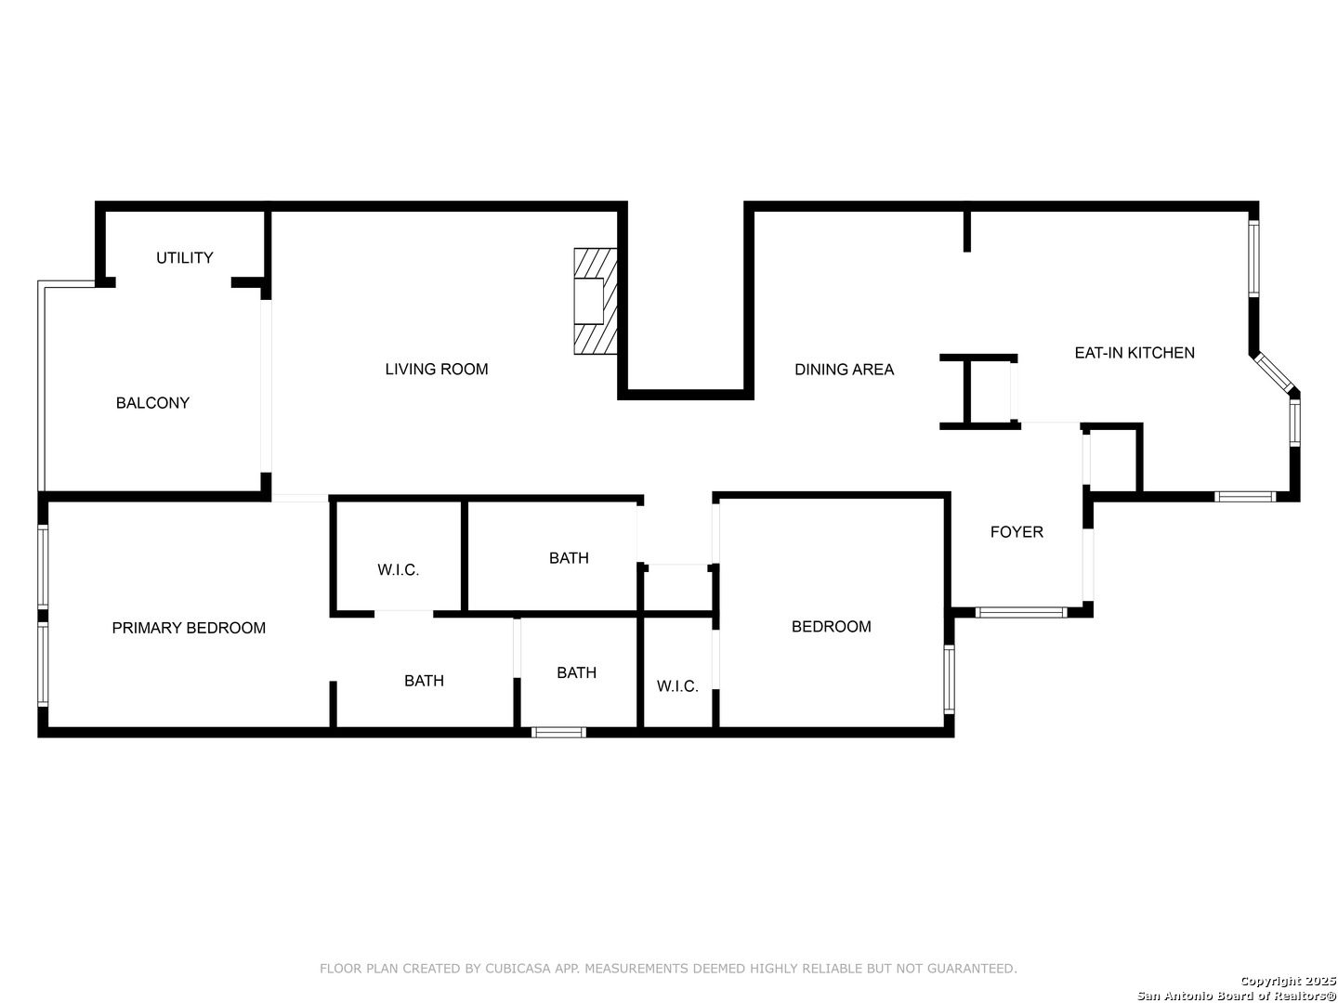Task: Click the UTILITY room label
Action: point(184,257)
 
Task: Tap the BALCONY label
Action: point(152,402)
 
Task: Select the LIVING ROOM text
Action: point(437,369)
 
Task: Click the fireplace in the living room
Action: point(595,301)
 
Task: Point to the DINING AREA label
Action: point(845,369)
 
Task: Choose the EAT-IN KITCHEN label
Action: point(1134,353)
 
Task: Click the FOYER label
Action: point(1017,531)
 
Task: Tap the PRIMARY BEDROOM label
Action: point(189,628)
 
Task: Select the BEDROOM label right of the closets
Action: point(831,626)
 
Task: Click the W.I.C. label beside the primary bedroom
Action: point(398,570)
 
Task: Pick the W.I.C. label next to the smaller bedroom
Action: point(677,686)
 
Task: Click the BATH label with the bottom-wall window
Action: point(576,672)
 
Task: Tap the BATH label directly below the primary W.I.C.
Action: point(424,680)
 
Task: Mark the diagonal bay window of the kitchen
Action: point(1273,372)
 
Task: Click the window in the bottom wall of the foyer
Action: point(1021,612)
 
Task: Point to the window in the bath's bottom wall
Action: point(558,732)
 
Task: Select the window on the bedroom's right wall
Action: point(949,679)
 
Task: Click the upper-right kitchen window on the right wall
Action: point(1253,259)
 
